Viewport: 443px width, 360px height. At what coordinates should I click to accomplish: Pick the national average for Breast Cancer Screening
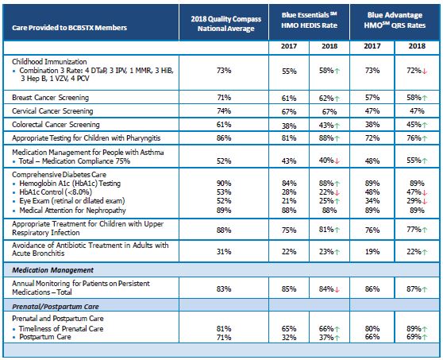coord(224,96)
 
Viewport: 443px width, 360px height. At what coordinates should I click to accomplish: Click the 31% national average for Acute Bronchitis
coord(224,252)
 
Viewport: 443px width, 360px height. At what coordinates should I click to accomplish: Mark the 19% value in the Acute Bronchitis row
coord(372,252)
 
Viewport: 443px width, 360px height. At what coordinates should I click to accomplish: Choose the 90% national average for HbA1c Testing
coord(224,182)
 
